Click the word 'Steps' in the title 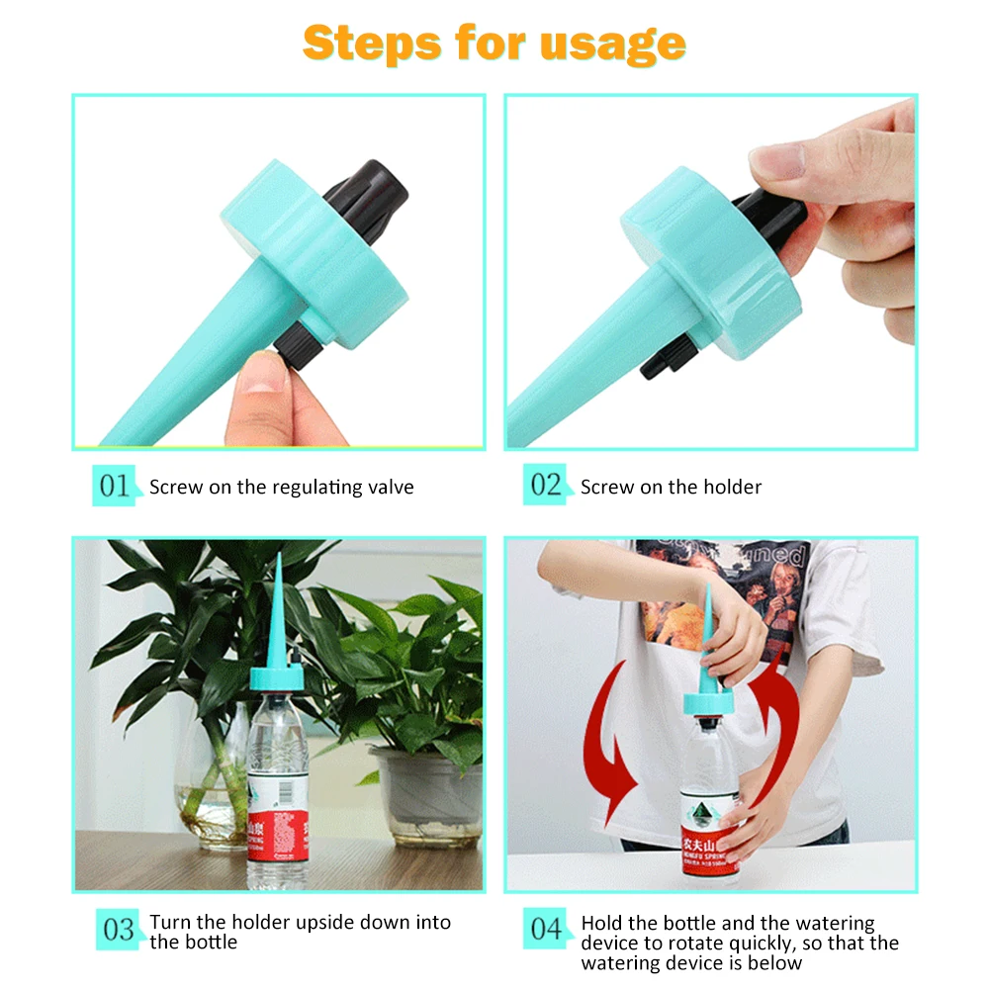pyautogui.click(x=370, y=43)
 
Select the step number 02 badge pyautogui.click(x=546, y=486)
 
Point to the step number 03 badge pyautogui.click(x=118, y=930)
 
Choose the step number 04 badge pyautogui.click(x=546, y=930)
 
